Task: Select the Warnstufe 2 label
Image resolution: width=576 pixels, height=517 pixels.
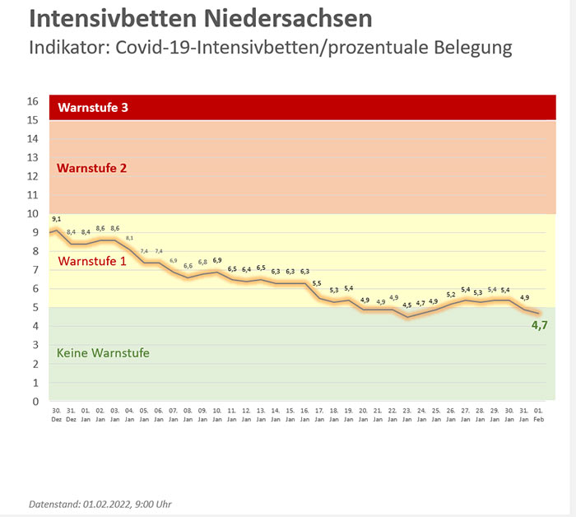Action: click(x=91, y=168)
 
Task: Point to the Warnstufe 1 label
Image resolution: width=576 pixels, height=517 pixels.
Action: click(x=91, y=262)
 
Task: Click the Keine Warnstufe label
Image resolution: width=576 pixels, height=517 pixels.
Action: click(x=103, y=353)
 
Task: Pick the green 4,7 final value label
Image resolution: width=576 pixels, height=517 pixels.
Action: click(x=539, y=326)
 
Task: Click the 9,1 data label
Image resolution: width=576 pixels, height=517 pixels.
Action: click(x=57, y=219)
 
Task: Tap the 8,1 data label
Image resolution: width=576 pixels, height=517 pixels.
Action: click(x=129, y=238)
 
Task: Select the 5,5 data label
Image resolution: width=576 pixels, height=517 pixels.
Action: click(x=318, y=283)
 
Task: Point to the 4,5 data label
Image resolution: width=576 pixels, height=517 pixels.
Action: click(x=406, y=305)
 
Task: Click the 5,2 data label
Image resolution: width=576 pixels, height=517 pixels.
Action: click(x=450, y=294)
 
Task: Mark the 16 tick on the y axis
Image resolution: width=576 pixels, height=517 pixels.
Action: click(x=33, y=101)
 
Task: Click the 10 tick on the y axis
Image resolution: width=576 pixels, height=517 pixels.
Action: click(x=33, y=214)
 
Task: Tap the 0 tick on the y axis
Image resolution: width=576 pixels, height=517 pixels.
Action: click(x=35, y=402)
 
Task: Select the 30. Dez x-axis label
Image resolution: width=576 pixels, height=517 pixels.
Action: click(x=56, y=413)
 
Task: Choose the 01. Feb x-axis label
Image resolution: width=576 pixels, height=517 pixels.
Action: click(x=539, y=413)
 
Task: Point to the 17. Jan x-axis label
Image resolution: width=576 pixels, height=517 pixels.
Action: click(x=318, y=413)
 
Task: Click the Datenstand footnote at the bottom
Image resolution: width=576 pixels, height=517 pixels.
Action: click(x=100, y=503)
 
